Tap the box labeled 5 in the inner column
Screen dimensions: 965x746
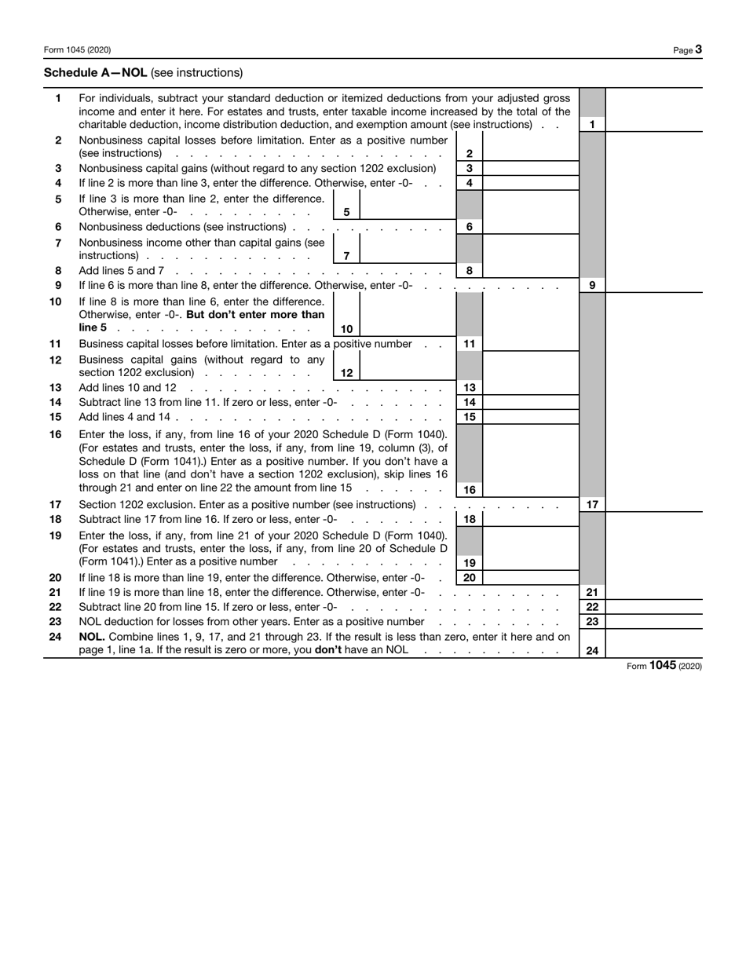[x=346, y=212]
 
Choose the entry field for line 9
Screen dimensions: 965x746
[x=653, y=285]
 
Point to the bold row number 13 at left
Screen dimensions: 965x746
[x=56, y=388]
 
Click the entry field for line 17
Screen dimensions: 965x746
[x=653, y=504]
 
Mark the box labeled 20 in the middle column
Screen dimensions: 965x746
[x=470, y=577]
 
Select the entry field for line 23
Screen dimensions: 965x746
[x=653, y=621]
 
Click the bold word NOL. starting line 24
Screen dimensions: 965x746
[x=92, y=637]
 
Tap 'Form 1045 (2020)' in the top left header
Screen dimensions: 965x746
[x=77, y=49]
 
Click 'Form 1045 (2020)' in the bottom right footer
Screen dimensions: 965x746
[x=664, y=666]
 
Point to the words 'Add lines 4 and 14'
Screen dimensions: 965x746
[x=125, y=417]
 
